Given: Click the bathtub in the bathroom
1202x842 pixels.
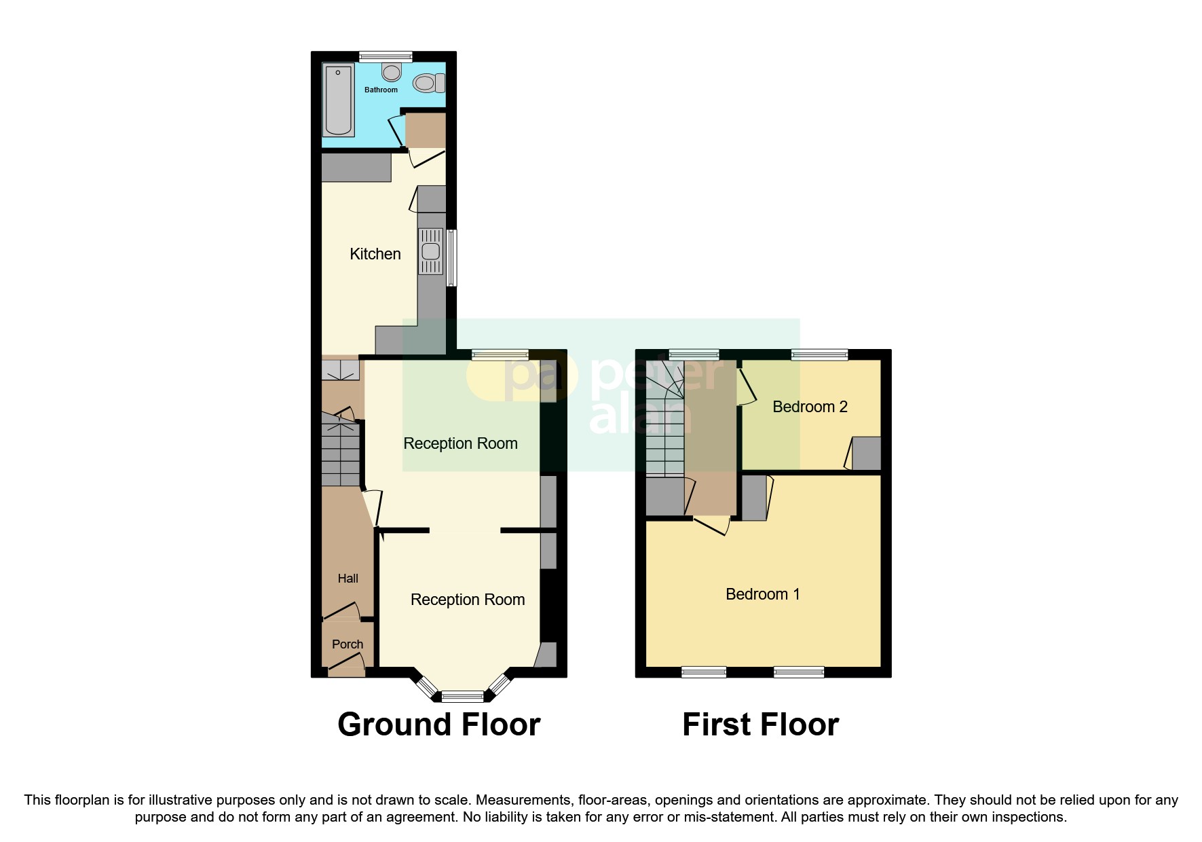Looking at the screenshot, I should click(339, 99).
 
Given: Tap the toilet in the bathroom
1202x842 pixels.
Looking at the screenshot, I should click(428, 83).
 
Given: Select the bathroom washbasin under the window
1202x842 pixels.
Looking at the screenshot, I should click(392, 71).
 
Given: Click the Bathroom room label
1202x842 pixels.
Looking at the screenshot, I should click(381, 90).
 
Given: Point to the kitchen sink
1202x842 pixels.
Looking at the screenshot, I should click(431, 251).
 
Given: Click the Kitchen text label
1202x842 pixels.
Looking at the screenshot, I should click(375, 254).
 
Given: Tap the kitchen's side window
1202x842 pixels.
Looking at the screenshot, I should click(451, 257).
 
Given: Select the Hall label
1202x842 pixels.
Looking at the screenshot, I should click(348, 579).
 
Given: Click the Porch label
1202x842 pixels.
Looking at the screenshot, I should click(347, 644).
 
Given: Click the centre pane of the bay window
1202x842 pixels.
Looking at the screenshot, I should click(462, 695).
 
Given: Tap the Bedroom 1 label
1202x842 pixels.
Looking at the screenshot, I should click(762, 594).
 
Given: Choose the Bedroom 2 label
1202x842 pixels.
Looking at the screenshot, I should click(810, 407).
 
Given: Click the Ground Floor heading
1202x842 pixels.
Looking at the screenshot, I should click(438, 725).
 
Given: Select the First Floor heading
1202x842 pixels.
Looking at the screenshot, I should click(760, 725).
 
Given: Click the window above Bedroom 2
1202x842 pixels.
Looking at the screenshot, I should click(819, 354).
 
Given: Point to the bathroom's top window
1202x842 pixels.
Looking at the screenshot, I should click(386, 56).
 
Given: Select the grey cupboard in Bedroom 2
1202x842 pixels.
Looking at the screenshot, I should click(866, 454).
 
